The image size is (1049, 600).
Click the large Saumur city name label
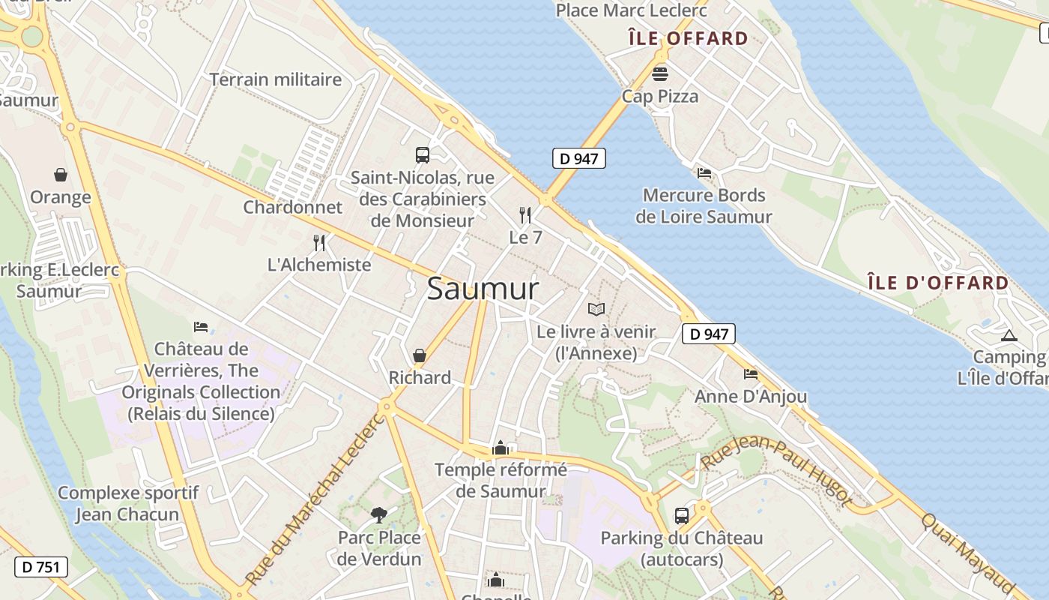(483, 289)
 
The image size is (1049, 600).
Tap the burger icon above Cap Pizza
(660, 74)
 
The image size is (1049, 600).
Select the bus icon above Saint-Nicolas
(423, 155)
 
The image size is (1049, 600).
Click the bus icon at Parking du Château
(681, 516)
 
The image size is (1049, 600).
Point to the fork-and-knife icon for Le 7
(525, 215)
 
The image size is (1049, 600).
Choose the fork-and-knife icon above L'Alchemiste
(319, 242)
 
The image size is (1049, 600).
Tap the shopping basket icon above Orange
(61, 175)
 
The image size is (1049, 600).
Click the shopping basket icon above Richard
(420, 355)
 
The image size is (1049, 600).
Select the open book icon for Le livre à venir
(596, 309)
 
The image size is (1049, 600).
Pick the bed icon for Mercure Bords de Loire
(704, 173)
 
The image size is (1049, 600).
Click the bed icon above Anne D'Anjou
(751, 374)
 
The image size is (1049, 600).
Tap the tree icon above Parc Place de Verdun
(379, 514)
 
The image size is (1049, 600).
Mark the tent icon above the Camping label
(1009, 335)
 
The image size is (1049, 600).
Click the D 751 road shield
(41, 567)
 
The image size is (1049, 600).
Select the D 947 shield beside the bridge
(578, 158)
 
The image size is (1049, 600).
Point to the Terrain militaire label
(276, 79)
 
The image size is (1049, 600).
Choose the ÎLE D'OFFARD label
(938, 283)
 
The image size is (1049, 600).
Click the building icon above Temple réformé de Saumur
(501, 448)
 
